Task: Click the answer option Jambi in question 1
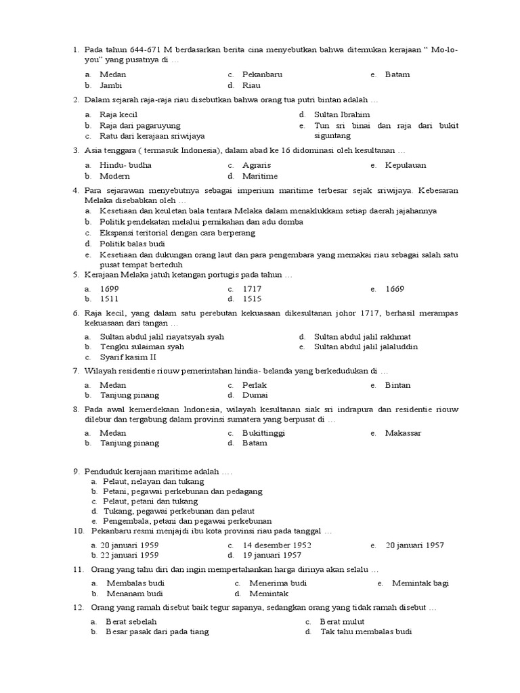tap(110, 86)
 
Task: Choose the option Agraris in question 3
tap(256, 165)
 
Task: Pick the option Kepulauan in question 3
tap(406, 165)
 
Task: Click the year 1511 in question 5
tap(109, 298)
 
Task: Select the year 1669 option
tap(395, 289)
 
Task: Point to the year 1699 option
tap(110, 289)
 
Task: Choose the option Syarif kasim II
tap(128, 357)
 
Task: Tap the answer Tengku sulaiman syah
tap(142, 346)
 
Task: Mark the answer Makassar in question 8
tap(403, 432)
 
